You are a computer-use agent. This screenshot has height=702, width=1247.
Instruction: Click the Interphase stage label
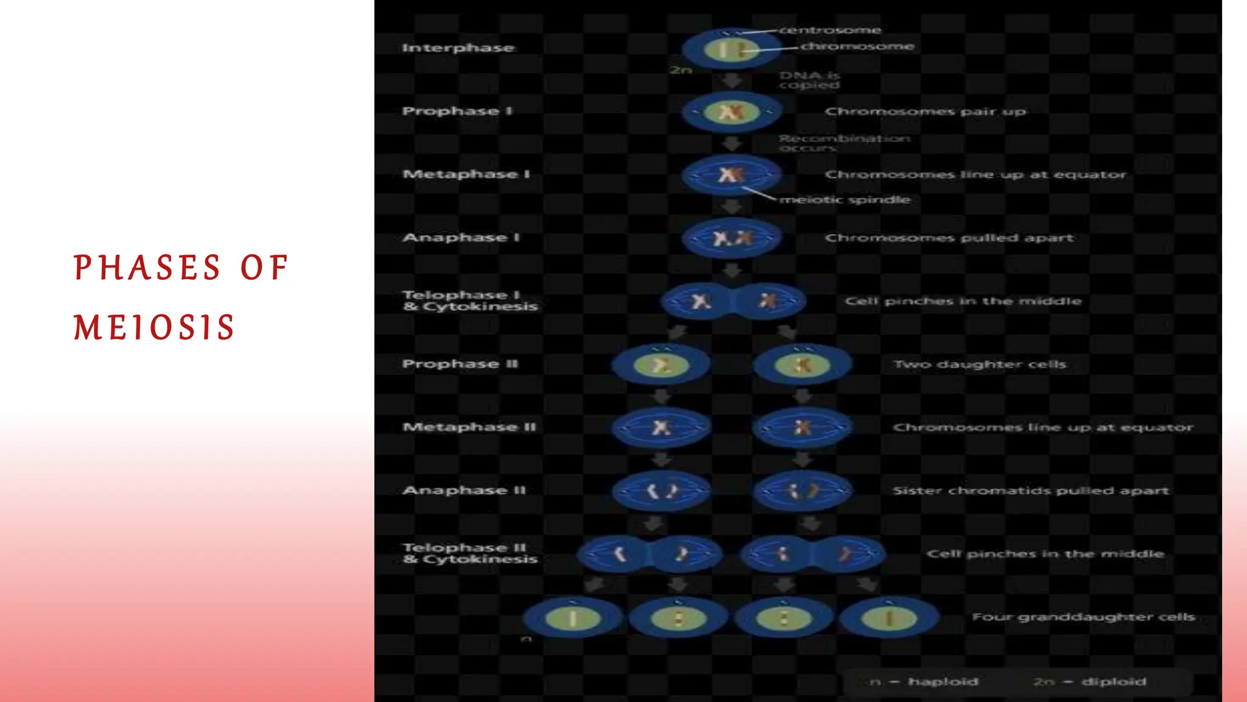pyautogui.click(x=458, y=48)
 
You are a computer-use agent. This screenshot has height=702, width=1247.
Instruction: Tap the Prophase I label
pyautogui.click(x=457, y=111)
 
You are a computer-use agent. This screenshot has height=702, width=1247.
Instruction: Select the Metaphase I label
pyautogui.click(x=466, y=174)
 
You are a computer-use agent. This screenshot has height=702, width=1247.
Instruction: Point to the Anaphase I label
pyautogui.click(x=461, y=238)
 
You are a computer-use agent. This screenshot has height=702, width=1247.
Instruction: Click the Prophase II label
pyautogui.click(x=460, y=364)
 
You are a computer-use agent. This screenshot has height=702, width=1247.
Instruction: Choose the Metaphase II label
pyautogui.click(x=469, y=427)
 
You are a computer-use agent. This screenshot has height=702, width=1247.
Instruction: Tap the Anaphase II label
pyautogui.click(x=464, y=491)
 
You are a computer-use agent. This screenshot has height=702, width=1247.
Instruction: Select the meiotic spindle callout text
pyautogui.click(x=845, y=199)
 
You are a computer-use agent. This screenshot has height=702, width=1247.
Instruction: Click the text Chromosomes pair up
pyautogui.click(x=925, y=112)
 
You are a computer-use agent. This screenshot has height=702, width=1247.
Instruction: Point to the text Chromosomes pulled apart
pyautogui.click(x=949, y=238)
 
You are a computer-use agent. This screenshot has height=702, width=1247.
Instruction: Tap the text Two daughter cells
pyautogui.click(x=980, y=364)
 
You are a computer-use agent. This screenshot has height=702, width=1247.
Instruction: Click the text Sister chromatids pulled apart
pyautogui.click(x=1030, y=491)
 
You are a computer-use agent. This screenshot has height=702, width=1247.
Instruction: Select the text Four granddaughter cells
pyautogui.click(x=1083, y=617)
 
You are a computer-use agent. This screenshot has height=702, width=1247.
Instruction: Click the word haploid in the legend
pyautogui.click(x=943, y=681)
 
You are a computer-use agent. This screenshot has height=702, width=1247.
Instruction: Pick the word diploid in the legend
pyautogui.click(x=1114, y=681)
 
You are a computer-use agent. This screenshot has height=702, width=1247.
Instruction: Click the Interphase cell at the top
pyautogui.click(x=731, y=49)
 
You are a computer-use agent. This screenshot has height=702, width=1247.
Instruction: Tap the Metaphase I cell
pyautogui.click(x=731, y=175)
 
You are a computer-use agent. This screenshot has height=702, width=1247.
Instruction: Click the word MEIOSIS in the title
pyautogui.click(x=154, y=327)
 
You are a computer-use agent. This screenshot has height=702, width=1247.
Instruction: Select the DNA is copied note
pyautogui.click(x=809, y=80)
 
